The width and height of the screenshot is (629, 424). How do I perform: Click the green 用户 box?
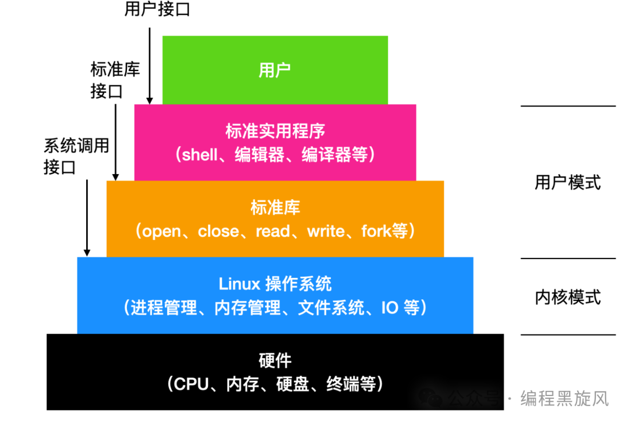[275, 70]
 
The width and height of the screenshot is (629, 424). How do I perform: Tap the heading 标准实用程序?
[275, 130]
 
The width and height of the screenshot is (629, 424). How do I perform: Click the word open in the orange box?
[162, 231]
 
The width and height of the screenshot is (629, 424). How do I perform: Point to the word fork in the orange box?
[376, 231]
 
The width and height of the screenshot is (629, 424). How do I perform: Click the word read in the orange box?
[272, 231]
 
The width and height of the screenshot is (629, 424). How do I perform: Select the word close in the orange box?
[218, 231]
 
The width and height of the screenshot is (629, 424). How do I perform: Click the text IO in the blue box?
[390, 308]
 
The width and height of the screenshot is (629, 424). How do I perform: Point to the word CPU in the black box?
[192, 384]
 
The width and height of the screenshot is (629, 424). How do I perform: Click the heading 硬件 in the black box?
[275, 361]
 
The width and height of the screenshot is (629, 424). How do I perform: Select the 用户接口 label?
[157, 9]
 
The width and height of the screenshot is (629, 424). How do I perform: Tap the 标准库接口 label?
[115, 80]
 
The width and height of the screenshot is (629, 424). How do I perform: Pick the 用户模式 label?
[567, 182]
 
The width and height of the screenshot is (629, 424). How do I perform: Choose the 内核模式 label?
[567, 297]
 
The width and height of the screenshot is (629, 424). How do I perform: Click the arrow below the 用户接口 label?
[150, 64]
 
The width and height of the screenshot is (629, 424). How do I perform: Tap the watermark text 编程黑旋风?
[564, 398]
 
